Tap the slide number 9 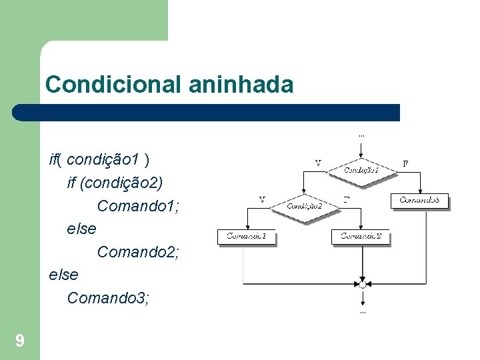click(20, 342)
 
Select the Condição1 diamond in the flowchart click(361, 170)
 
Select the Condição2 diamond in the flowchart click(305, 206)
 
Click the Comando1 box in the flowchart click(246, 236)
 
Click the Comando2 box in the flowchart click(361, 236)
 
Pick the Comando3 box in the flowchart click(419, 200)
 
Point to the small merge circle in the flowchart click(362, 285)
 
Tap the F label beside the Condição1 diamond click(406, 162)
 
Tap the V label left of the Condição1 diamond click(318, 162)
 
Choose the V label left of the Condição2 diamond click(261, 199)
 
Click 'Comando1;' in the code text click(138, 206)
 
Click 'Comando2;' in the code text click(138, 252)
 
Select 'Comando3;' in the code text click(108, 298)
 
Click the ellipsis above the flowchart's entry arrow click(362, 135)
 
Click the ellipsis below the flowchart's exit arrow click(362, 311)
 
